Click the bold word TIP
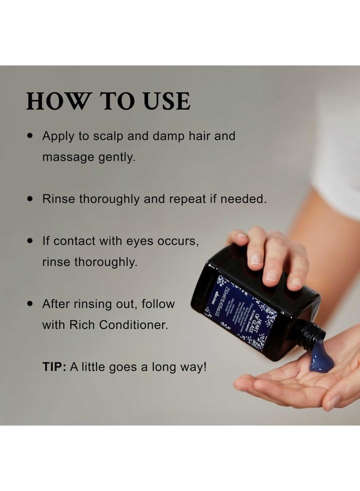click(53, 367)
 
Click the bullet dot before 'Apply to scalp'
click(31, 136)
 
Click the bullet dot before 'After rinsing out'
click(31, 304)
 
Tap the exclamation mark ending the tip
click(205, 367)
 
